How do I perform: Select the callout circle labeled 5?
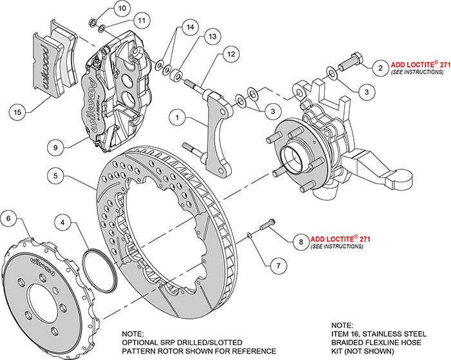57,175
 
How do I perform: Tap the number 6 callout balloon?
9,219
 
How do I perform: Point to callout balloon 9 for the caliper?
57,146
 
